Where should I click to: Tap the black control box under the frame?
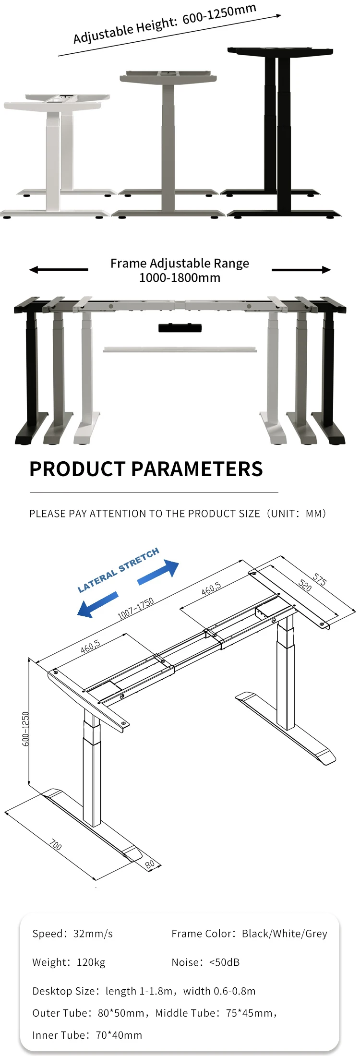(x=180, y=328)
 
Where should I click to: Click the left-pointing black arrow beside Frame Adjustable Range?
(x=58, y=270)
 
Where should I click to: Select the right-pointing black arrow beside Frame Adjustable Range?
(x=301, y=270)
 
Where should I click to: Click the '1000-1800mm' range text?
(x=180, y=278)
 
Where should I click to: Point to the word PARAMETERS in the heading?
(x=197, y=469)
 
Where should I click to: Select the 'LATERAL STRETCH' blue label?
(x=118, y=570)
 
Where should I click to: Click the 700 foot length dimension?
(x=55, y=845)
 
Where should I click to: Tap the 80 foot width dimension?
(x=150, y=864)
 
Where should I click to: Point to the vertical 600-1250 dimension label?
(x=25, y=729)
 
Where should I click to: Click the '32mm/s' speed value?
(x=93, y=934)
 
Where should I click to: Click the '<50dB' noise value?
(x=224, y=962)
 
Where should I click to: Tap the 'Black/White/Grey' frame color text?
(x=284, y=934)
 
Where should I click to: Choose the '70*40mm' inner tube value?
(x=119, y=1035)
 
